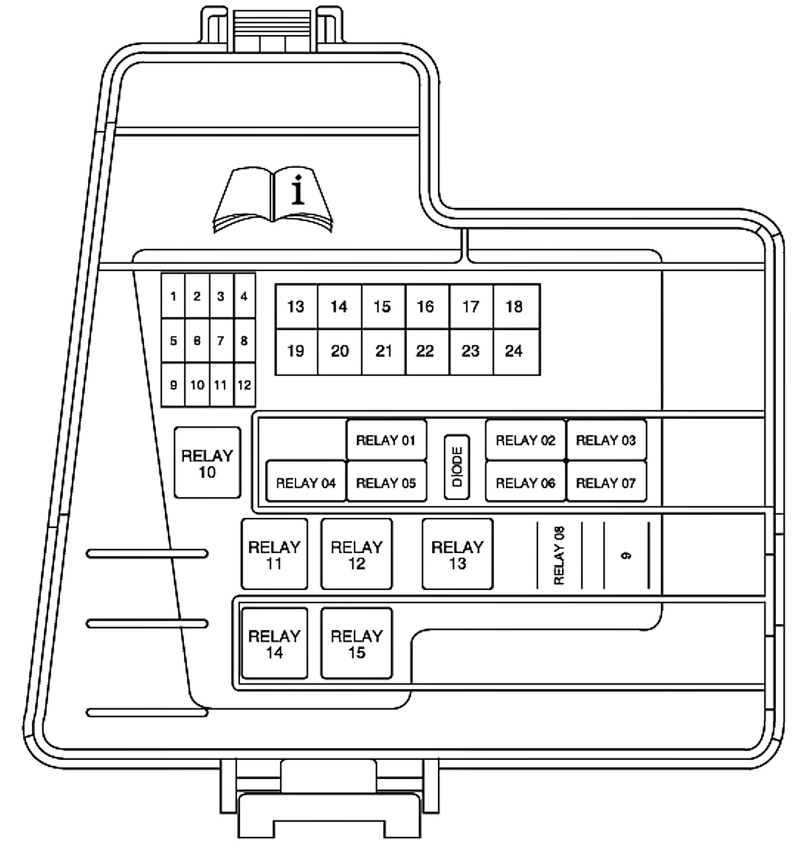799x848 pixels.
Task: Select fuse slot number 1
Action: (173, 296)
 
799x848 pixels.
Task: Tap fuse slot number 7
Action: (221, 341)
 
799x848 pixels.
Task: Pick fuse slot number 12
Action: (244, 385)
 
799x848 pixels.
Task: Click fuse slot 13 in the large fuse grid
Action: (296, 307)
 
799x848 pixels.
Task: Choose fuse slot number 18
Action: (514, 307)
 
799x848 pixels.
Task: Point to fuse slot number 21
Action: (383, 351)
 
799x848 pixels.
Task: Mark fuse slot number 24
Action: (514, 351)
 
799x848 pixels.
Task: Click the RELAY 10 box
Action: (207, 463)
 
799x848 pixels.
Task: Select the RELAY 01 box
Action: (386, 441)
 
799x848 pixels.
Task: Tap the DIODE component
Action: (457, 467)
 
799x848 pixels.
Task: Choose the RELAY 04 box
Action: (306, 483)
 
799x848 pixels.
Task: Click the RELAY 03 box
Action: (606, 441)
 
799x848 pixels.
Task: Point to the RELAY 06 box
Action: (526, 483)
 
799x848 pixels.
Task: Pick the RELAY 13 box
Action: (457, 554)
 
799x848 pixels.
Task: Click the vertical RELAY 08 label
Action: (559, 555)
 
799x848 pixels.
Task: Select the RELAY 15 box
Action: (357, 644)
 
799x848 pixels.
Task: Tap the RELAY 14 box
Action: (274, 644)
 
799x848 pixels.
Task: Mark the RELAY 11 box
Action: (274, 554)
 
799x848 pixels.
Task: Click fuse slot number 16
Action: (426, 307)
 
